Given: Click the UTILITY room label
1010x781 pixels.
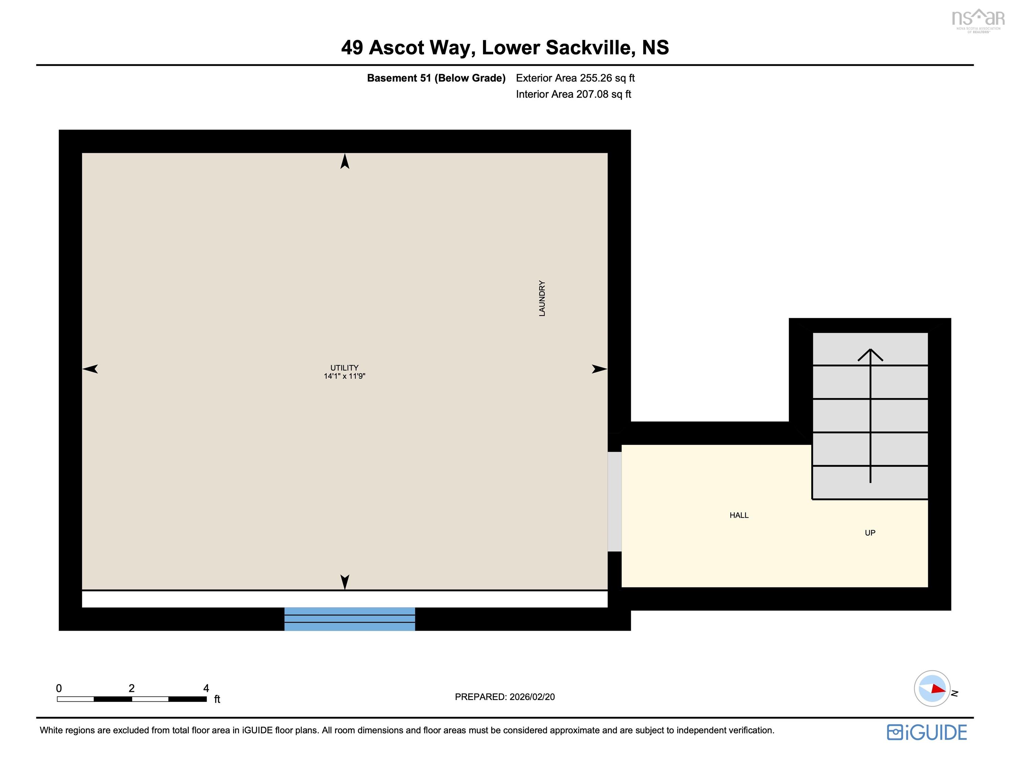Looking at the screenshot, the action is click(x=344, y=367).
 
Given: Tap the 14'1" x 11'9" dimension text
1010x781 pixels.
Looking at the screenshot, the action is click(x=344, y=376).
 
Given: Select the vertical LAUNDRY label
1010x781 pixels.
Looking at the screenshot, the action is click(x=542, y=298).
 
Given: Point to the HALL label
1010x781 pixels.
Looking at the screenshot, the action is click(x=739, y=515).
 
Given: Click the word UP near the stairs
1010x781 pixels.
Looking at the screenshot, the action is click(x=870, y=533).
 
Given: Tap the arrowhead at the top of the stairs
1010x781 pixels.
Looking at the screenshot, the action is click(x=870, y=354).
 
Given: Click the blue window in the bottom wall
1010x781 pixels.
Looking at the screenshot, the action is click(x=350, y=619).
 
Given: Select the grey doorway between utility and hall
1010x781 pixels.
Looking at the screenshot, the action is click(x=615, y=501).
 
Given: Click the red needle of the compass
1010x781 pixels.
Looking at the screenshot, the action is click(x=938, y=688).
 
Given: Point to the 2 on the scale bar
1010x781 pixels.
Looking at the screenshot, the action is click(x=131, y=688).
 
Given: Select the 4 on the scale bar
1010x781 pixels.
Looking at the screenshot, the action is click(x=206, y=688).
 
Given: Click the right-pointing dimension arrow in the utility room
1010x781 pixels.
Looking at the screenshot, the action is click(x=599, y=369).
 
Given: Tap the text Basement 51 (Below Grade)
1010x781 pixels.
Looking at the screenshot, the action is click(x=436, y=78).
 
